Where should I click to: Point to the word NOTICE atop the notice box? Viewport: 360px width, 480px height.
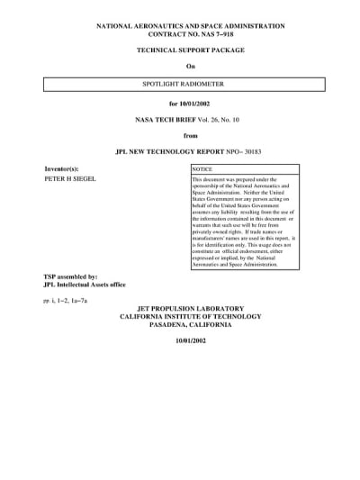tap(203, 169)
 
